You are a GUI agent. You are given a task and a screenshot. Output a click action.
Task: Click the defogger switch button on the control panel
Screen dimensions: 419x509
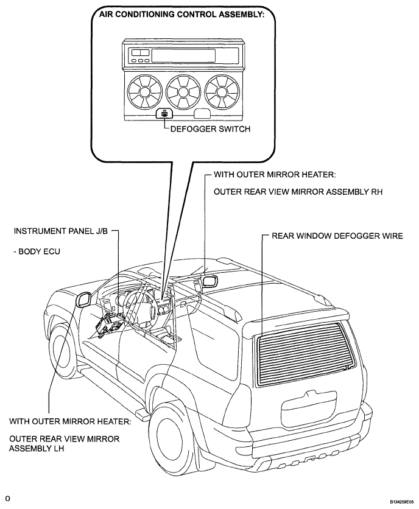[x=164, y=114]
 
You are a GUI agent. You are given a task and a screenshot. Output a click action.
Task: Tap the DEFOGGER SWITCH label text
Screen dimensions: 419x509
[x=210, y=129]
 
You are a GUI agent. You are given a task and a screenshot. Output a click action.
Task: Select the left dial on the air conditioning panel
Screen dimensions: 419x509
[x=144, y=91]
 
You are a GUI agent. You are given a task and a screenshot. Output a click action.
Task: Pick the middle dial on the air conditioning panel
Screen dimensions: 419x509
[x=183, y=91]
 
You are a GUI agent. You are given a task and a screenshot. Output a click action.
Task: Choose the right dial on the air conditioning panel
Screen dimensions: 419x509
[x=222, y=91]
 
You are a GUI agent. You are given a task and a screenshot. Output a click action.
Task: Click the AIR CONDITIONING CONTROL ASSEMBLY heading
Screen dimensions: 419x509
[x=181, y=14]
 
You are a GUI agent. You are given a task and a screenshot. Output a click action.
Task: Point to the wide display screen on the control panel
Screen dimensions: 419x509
[x=183, y=55]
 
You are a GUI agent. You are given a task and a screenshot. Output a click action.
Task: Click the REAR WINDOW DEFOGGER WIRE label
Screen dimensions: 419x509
[x=337, y=236]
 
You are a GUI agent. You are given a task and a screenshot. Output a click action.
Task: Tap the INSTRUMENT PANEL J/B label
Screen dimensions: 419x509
[x=60, y=231]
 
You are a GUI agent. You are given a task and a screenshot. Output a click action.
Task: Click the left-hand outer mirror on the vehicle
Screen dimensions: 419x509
[x=83, y=299]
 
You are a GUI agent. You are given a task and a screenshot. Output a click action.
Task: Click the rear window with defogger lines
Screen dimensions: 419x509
[x=303, y=353]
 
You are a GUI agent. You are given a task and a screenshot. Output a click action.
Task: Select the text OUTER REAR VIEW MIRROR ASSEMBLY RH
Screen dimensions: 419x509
[x=298, y=192]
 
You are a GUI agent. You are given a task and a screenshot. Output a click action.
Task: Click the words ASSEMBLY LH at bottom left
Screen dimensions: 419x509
[x=37, y=448]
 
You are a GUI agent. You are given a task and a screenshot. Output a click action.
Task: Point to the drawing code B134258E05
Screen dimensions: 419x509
[x=402, y=501]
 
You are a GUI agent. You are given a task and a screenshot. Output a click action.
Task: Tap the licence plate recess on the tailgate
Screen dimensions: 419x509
[x=309, y=410]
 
